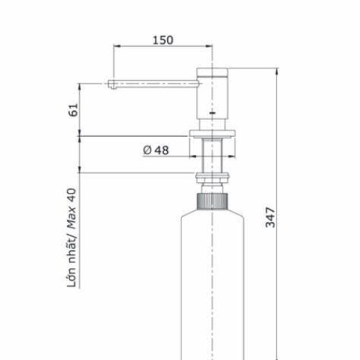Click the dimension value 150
click(x=163, y=40)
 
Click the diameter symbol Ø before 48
click(x=147, y=150)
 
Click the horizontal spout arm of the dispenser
click(x=155, y=83)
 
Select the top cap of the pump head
click(x=213, y=71)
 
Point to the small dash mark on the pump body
click(x=213, y=113)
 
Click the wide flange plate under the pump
click(x=213, y=133)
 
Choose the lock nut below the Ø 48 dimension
click(x=213, y=179)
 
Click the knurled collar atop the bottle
click(x=213, y=199)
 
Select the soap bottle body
click(x=213, y=288)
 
